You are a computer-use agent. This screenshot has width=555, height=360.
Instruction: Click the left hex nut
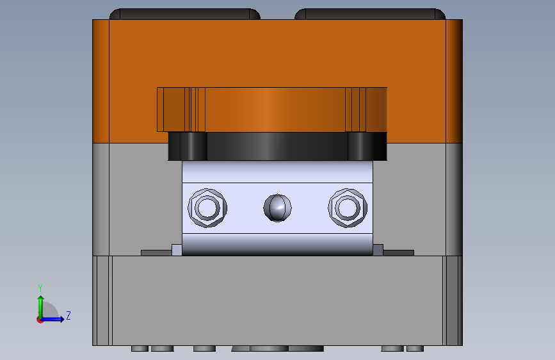[x=207, y=208]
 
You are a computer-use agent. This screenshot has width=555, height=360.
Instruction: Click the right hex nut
[x=348, y=208]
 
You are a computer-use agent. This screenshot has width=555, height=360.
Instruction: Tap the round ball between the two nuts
[x=278, y=208]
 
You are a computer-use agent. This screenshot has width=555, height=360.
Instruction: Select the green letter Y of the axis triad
[x=40, y=288]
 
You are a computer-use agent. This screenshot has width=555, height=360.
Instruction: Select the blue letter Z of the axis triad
[x=68, y=315]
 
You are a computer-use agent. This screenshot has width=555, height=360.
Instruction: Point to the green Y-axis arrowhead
[x=41, y=299]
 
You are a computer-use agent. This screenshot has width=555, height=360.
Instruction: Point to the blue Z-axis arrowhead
[x=61, y=319]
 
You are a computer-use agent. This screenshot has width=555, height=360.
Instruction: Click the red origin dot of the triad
[x=40, y=320]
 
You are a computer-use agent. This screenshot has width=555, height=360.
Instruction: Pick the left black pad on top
[x=185, y=14]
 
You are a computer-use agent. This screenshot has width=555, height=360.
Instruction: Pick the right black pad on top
[x=370, y=14]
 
